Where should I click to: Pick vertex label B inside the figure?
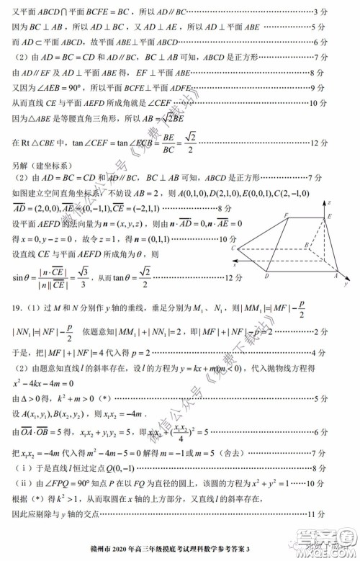tap(307, 244)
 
